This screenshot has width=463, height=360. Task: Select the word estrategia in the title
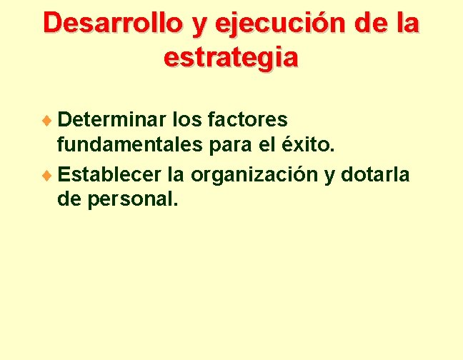(x=231, y=56)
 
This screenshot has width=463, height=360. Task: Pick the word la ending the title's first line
(x=408, y=23)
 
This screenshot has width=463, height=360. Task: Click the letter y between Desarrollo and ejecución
(x=196, y=26)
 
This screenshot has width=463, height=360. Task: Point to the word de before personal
(x=69, y=201)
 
